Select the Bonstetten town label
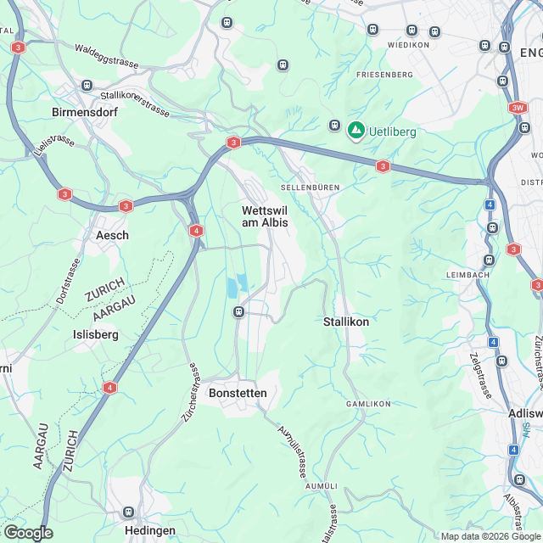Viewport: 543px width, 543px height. [238, 393]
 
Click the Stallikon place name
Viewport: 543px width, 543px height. [346, 322]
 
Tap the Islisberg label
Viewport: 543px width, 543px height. [96, 334]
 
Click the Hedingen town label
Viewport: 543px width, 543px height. [149, 530]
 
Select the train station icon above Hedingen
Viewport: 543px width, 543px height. [129, 512]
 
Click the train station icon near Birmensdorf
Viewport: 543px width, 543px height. [87, 85]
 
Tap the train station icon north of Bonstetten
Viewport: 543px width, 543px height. [238, 312]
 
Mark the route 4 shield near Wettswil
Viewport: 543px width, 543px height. [196, 231]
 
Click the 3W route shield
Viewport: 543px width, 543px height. [518, 109]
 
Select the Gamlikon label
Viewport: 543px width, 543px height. [368, 404]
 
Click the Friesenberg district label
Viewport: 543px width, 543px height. [384, 75]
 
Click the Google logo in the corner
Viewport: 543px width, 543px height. [28, 533]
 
